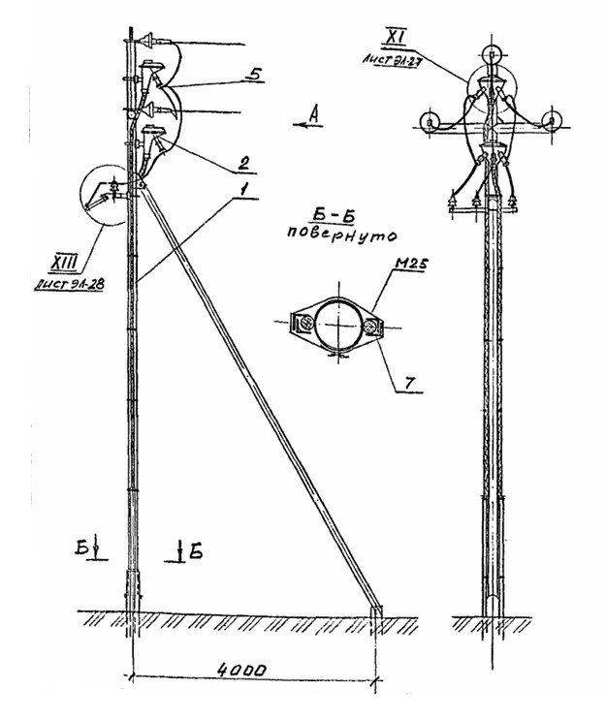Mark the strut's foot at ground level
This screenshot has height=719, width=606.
point(376,610)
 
